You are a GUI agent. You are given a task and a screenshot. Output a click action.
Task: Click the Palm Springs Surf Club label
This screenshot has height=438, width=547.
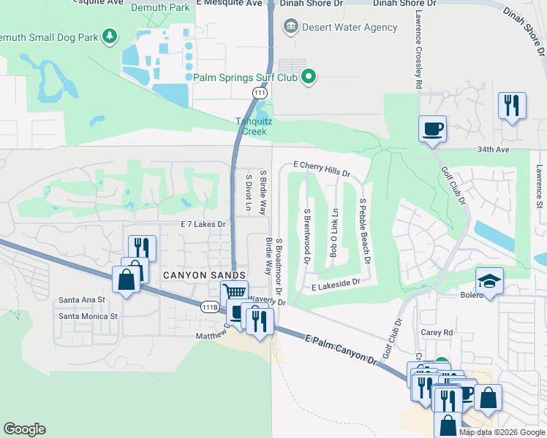pos(246,77)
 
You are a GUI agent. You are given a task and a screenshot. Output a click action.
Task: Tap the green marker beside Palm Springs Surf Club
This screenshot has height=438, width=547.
pos(309,76)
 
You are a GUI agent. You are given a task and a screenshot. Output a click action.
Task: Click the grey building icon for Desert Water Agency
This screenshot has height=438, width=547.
pos(290,28)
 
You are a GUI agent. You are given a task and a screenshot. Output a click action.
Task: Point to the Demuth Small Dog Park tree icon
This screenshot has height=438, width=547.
pos(110,36)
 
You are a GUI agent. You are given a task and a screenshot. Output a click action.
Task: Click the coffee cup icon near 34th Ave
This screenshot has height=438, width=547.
pos(432,128)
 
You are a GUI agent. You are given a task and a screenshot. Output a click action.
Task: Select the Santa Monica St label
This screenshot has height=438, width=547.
pos(88,316)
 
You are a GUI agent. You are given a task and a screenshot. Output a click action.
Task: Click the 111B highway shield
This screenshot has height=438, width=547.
pos(210,308)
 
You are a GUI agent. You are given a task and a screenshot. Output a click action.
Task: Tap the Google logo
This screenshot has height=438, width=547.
pos(24,429)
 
